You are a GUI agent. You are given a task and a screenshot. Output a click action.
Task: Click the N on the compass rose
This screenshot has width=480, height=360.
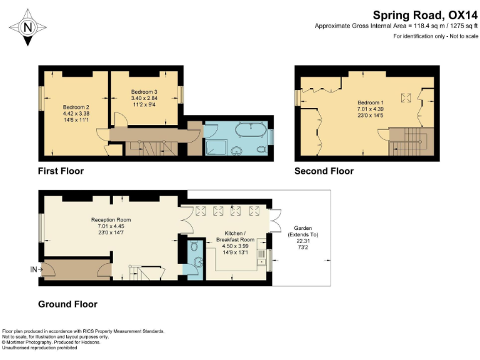(x=28, y=27)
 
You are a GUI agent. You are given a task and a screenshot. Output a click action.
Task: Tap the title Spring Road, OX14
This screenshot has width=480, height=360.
(x=425, y=15)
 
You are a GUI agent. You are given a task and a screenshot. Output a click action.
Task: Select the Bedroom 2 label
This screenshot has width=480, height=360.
(x=76, y=107)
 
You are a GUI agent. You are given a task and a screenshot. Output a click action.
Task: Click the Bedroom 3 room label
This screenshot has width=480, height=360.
(x=144, y=92)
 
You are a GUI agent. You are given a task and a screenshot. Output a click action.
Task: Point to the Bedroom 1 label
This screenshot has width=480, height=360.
(x=371, y=102)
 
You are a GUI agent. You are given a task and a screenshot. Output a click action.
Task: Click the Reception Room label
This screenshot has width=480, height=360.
(x=111, y=220)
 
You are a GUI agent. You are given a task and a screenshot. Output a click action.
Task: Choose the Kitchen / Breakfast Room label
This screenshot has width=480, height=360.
(x=235, y=236)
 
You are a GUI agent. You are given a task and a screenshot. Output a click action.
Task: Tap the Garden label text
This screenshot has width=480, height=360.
(x=302, y=228)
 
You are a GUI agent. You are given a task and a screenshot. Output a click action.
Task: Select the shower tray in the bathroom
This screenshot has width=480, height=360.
(x=217, y=147)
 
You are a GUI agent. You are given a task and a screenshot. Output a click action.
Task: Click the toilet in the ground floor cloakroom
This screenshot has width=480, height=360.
(x=194, y=245)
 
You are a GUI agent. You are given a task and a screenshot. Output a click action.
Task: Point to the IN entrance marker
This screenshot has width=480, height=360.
(x=36, y=270)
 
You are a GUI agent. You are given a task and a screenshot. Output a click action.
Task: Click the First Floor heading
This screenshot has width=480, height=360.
(x=61, y=171)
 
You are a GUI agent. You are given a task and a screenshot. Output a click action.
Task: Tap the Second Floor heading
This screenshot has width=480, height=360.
(x=324, y=171)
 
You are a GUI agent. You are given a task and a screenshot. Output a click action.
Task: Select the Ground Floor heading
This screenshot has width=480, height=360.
(x=67, y=304)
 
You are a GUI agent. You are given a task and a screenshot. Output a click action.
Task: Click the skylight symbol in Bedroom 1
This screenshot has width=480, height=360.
(x=406, y=98)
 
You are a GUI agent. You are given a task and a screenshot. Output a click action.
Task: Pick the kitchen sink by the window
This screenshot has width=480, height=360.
(x=261, y=257)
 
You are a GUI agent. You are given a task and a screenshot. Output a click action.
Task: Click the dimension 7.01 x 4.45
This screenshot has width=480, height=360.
(x=111, y=226)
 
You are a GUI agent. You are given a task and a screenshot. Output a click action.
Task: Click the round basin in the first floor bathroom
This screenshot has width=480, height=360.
(x=236, y=151)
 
